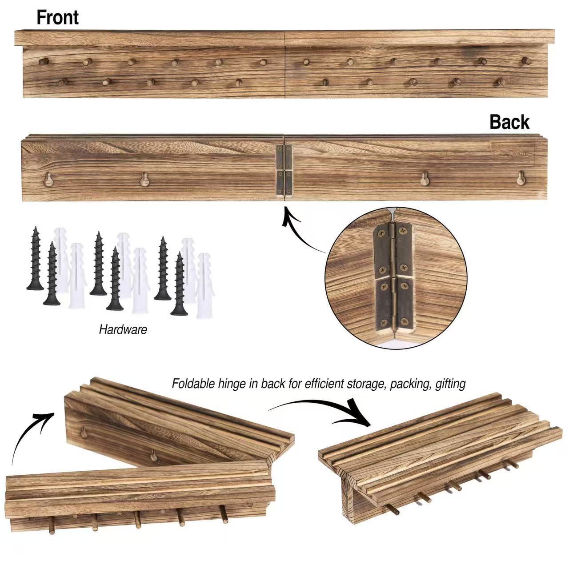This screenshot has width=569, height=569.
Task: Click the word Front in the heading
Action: coord(57,18)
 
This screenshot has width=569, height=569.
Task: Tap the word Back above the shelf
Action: coord(509,122)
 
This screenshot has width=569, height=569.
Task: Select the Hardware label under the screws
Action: coord(123,329)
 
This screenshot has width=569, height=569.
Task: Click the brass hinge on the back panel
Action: coord(284,170)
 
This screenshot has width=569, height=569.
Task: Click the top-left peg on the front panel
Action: coord(43,61)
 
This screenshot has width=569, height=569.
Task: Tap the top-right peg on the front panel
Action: coord(527,60)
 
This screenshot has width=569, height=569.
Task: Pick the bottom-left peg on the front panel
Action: coord(63,82)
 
